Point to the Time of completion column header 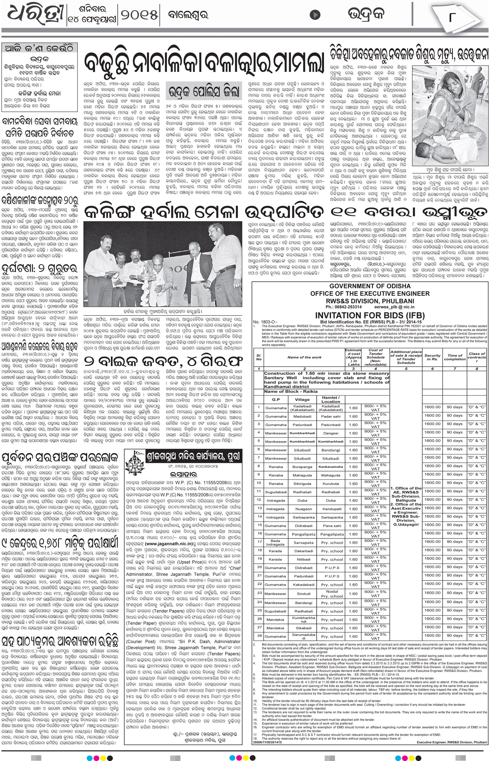(455, 357)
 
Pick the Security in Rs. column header (432, 357)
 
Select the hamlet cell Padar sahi (331, 416)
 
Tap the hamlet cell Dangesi (331, 433)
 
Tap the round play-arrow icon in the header (315, 15)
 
